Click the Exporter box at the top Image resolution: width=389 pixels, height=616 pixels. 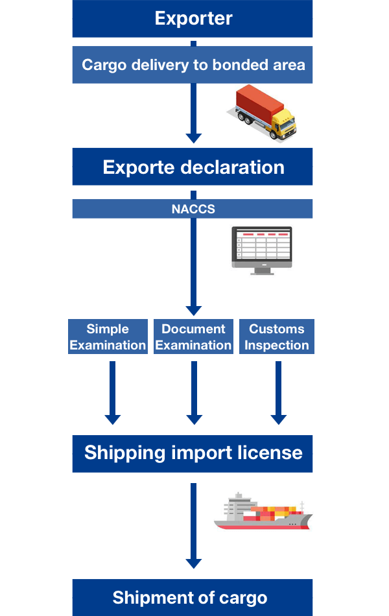[x=193, y=18]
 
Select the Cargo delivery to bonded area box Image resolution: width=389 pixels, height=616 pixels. [x=193, y=65]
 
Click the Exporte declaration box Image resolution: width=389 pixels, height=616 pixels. [x=193, y=167]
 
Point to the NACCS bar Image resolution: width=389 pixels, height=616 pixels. [x=193, y=209]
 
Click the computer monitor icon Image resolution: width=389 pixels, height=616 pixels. [x=262, y=250]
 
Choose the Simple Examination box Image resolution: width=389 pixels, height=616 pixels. [x=108, y=337]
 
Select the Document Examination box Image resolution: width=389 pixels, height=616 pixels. [x=193, y=337]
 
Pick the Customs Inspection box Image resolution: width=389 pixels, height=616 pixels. [x=277, y=337]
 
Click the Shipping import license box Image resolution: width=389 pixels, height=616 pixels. [x=193, y=452]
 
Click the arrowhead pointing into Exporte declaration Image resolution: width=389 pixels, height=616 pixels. [x=193, y=137]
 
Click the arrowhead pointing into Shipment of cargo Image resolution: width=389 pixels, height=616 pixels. [x=193, y=562]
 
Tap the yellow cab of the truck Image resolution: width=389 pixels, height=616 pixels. [x=283, y=124]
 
